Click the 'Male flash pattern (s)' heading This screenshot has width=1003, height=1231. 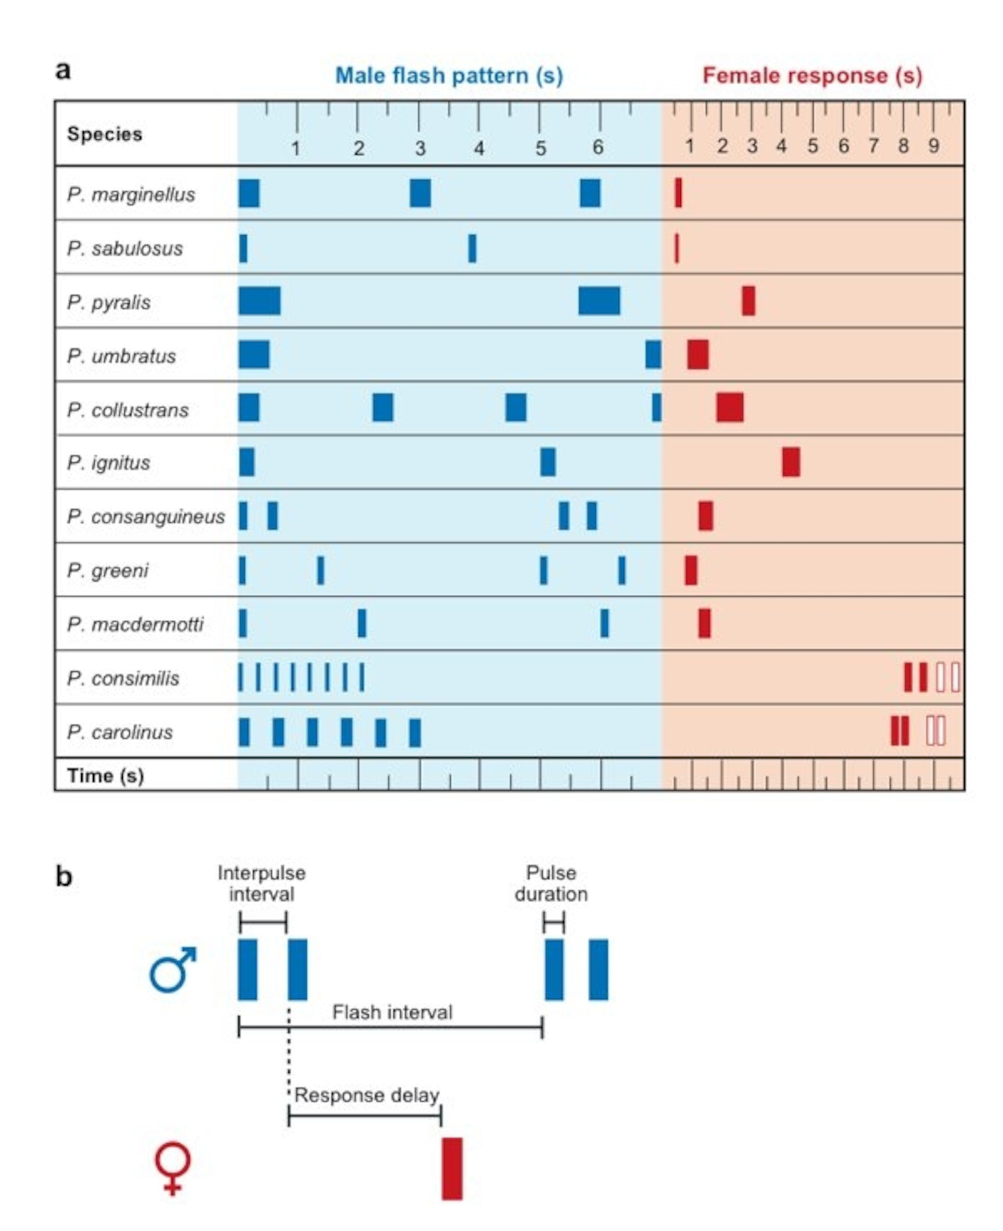point(449,76)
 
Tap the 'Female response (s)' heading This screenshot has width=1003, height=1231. point(812,76)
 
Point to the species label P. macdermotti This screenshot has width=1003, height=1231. point(135,624)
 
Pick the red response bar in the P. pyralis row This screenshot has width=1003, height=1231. point(748,301)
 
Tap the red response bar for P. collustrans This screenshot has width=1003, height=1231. point(730,408)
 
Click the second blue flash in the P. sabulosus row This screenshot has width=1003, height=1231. point(472,248)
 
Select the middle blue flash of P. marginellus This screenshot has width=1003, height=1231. point(420,193)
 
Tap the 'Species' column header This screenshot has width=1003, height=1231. point(105,134)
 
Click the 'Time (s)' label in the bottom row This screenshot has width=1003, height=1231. point(105,776)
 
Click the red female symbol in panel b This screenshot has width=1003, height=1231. point(172,1167)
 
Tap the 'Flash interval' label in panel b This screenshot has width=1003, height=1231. point(392,1013)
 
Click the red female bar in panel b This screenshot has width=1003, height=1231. point(452,1168)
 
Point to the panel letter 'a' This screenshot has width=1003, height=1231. point(63,71)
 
